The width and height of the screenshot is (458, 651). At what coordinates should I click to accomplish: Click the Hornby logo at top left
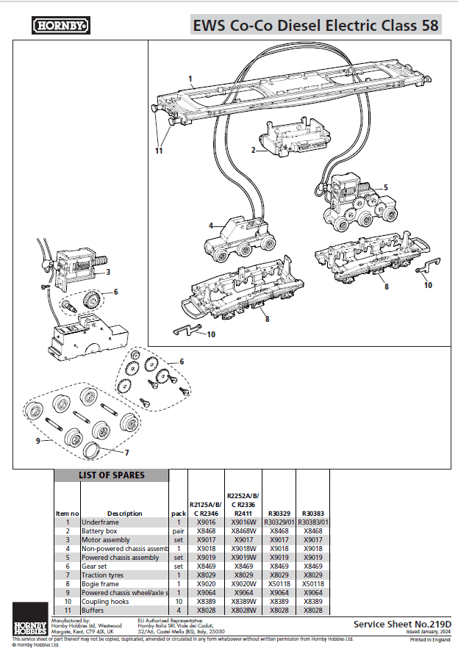point(61,26)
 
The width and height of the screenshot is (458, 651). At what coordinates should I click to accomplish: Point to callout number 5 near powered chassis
point(385,187)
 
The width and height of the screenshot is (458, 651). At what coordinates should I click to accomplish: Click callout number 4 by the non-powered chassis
point(210,226)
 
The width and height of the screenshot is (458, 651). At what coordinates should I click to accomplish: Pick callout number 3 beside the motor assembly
point(107,272)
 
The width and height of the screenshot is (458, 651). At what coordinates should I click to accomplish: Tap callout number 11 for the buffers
point(158,151)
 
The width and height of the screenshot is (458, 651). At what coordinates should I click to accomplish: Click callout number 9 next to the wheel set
point(29,441)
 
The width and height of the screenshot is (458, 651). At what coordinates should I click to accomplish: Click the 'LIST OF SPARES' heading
point(112,475)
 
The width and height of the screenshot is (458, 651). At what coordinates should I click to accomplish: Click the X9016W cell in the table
point(243,522)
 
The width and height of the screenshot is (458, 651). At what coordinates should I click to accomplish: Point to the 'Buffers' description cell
point(93,610)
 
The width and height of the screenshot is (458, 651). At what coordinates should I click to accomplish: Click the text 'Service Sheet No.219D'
point(402,624)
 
